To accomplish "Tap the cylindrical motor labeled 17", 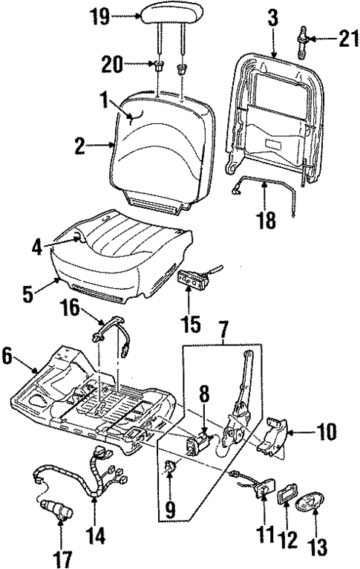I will (56, 511).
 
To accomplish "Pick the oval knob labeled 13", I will (307, 507).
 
